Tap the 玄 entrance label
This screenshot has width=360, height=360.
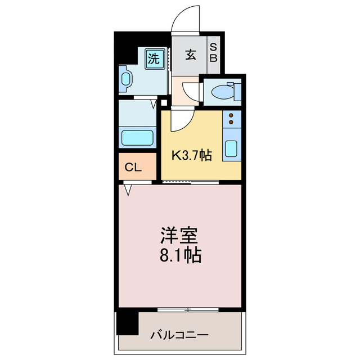[x=191, y=55]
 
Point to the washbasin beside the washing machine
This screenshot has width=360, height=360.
[x=125, y=80]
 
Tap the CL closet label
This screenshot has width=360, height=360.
[x=133, y=167]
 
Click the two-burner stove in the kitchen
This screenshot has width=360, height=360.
[x=231, y=119]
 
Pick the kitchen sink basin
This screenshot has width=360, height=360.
[x=231, y=148]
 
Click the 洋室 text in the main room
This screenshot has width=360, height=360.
[x=180, y=235]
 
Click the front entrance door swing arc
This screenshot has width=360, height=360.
[x=186, y=17]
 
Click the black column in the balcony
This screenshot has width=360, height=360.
[x=128, y=322]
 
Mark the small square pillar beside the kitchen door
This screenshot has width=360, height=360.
[x=164, y=103]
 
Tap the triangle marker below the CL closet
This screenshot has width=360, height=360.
[x=128, y=190]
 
